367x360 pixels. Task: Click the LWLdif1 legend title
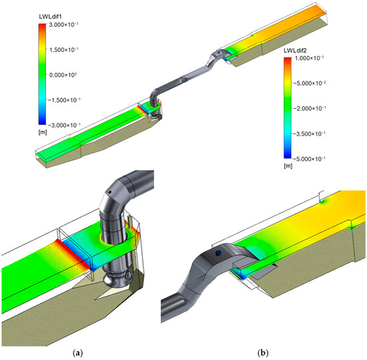pyautogui.click(x=50, y=17)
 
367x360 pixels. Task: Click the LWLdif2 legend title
pyautogui.click(x=295, y=50)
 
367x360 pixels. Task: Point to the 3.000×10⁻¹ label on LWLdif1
pyautogui.click(x=63, y=25)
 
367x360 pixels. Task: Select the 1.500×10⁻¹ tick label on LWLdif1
pyautogui.click(x=63, y=49)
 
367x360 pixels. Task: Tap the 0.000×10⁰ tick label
pyautogui.click(x=63, y=75)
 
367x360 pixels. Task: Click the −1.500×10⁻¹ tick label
pyautogui.click(x=64, y=100)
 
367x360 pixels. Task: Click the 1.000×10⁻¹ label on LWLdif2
pyautogui.click(x=309, y=58)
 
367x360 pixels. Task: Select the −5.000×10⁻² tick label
pyautogui.click(x=309, y=83)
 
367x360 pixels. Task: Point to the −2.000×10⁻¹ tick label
pyautogui.click(x=309, y=108)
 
